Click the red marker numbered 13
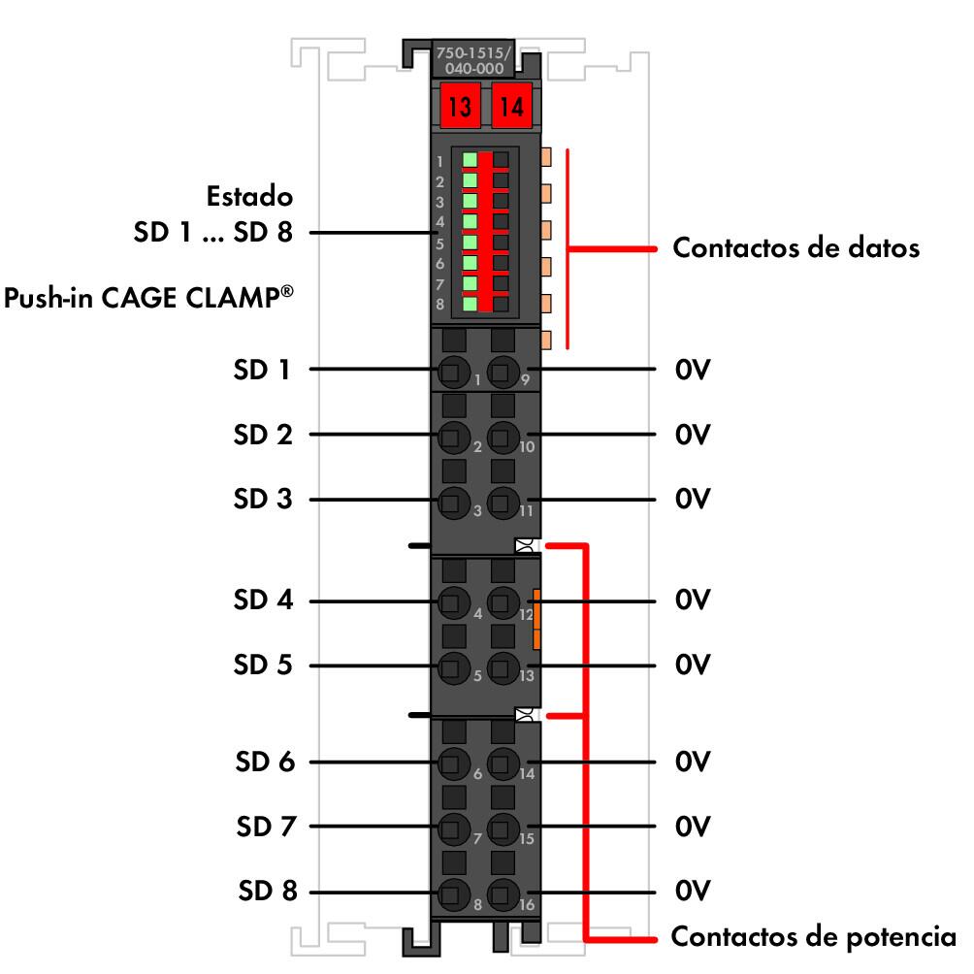(459, 105)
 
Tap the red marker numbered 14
(510, 105)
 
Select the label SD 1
(262, 370)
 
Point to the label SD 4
(262, 601)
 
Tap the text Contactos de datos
(795, 248)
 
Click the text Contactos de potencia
(813, 937)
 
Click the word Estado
(249, 197)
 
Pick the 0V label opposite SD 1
(693, 370)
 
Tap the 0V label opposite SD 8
(693, 892)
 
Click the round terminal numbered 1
(450, 370)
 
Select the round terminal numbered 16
(502, 893)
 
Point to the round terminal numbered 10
(502, 436)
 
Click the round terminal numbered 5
(450, 666)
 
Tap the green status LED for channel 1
(470, 159)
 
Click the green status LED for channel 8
(470, 304)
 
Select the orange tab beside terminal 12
(536, 618)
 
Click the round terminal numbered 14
(502, 763)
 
